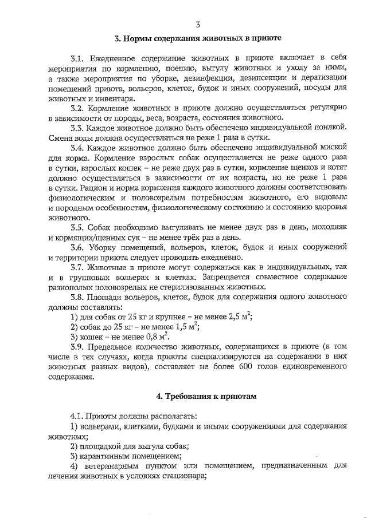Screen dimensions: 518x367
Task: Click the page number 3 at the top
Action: point(197,24)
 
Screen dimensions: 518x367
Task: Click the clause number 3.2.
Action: point(79,108)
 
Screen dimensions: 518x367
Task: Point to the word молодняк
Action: point(329,227)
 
